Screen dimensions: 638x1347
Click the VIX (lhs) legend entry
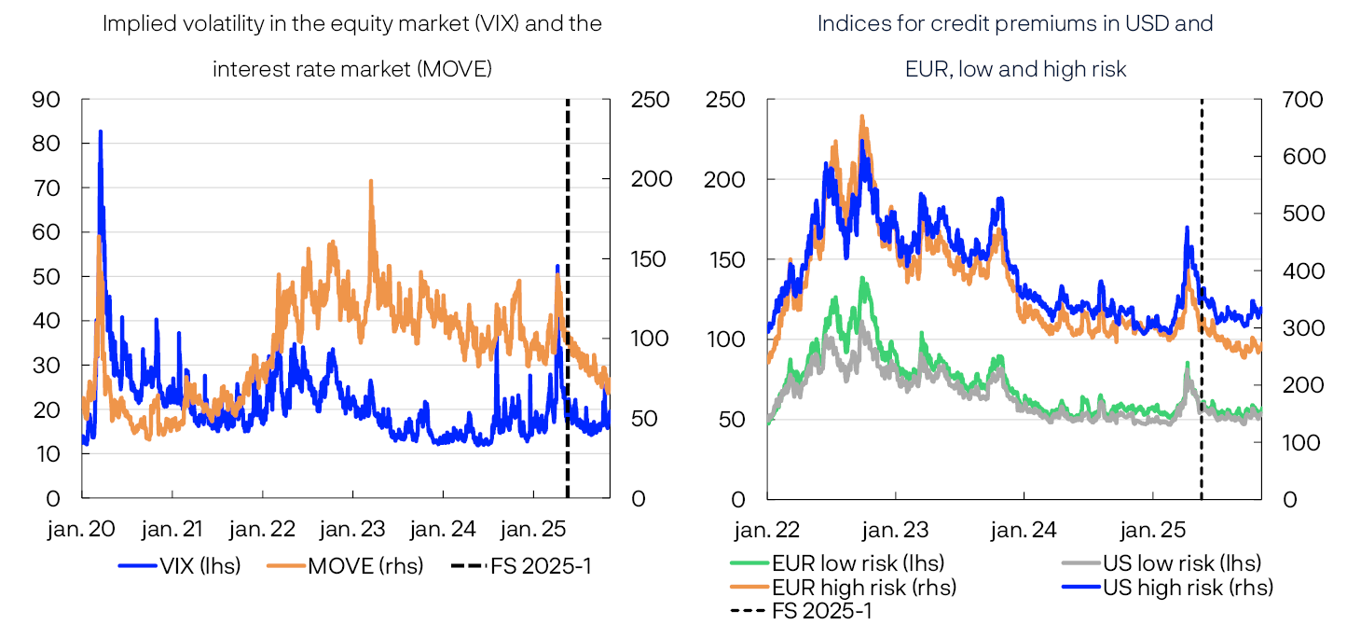click(x=179, y=565)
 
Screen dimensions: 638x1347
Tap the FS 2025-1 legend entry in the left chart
click(x=521, y=565)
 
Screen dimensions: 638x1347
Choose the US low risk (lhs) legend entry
click(x=1161, y=563)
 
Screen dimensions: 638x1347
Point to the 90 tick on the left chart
click(x=47, y=99)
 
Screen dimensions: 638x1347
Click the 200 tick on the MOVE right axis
click(x=651, y=179)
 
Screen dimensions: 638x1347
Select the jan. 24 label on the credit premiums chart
click(x=1024, y=530)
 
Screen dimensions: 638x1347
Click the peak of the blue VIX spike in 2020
click(x=100, y=132)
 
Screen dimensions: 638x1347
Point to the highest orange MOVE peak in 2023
click(x=371, y=181)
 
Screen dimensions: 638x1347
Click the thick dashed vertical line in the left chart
click(x=568, y=298)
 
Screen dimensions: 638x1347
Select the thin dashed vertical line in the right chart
click(x=1201, y=298)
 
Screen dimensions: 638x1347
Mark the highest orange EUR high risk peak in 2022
click(x=862, y=117)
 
